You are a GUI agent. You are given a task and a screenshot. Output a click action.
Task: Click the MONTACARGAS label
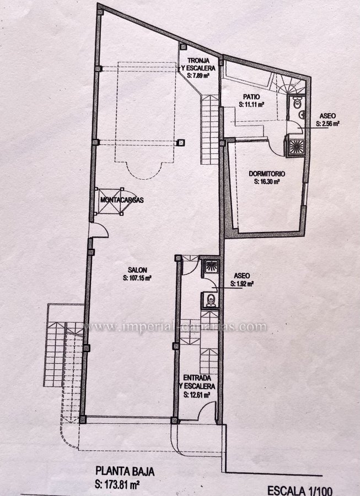(x=122, y=200)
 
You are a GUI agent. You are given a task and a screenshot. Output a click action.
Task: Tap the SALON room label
(x=137, y=270)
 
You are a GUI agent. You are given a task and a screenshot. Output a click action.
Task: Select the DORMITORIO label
(x=267, y=174)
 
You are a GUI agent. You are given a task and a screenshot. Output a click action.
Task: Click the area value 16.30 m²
(x=267, y=182)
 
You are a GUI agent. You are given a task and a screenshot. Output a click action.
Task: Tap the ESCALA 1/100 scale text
(x=299, y=490)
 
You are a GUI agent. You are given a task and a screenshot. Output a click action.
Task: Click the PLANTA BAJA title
(x=125, y=471)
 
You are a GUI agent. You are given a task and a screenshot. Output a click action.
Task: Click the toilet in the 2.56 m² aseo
(x=297, y=103)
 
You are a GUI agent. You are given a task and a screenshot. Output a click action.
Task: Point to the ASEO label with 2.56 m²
(x=327, y=116)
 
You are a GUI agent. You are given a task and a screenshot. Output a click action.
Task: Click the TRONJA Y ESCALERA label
(x=198, y=64)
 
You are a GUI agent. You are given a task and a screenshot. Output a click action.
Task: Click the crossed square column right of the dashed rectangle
(x=181, y=143)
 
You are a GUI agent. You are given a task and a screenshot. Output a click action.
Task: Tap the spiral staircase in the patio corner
(x=287, y=84)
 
